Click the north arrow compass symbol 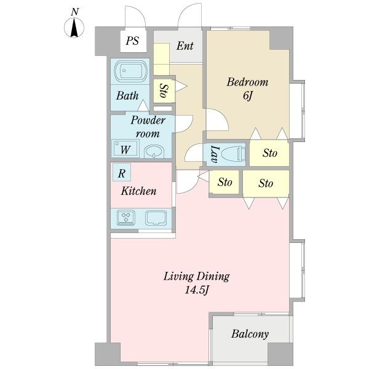[74, 28]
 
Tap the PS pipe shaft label [132, 41]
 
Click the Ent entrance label [185, 46]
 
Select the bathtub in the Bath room [131, 71]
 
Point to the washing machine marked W [125, 149]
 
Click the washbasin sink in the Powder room [154, 151]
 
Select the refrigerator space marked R [122, 172]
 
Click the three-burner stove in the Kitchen [126, 218]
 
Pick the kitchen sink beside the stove [156, 218]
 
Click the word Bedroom [248, 82]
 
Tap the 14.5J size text [197, 290]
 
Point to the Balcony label [250, 334]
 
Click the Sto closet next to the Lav [269, 153]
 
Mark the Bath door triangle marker [143, 105]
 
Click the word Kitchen [138, 191]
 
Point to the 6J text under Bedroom [248, 96]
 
